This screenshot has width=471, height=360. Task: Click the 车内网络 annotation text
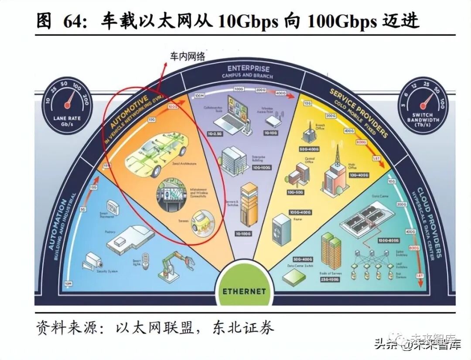[188, 56]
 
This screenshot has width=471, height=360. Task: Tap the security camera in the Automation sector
[93, 262]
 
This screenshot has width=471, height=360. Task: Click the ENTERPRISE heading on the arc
[249, 69]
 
